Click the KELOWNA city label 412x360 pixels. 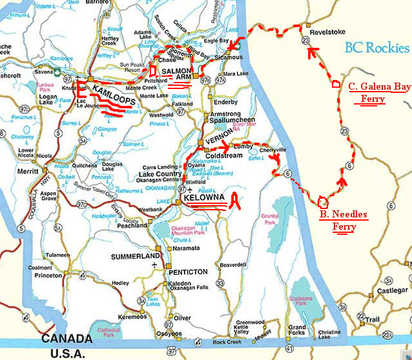(x=204, y=197)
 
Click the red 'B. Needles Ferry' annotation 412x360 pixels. (x=344, y=221)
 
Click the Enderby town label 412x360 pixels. (x=226, y=102)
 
